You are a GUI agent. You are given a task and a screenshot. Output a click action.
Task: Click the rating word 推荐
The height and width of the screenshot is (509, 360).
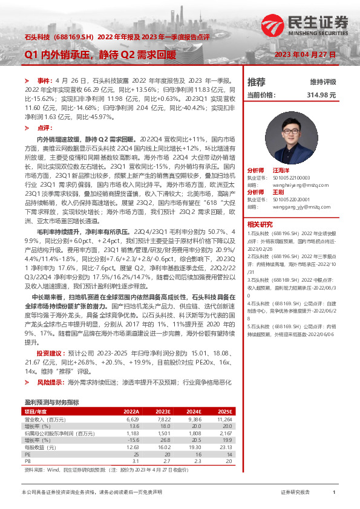(257, 82)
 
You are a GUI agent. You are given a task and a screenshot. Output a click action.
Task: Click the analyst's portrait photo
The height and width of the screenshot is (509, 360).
(291, 136)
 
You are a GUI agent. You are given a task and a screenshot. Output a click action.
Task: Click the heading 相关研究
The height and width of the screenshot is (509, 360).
(261, 224)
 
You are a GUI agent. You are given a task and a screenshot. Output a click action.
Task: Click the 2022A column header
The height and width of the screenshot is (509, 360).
(131, 410)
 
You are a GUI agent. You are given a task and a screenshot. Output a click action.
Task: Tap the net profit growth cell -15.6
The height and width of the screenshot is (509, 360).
(134, 440)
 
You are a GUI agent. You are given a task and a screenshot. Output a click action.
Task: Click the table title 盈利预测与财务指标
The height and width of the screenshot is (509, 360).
(51, 402)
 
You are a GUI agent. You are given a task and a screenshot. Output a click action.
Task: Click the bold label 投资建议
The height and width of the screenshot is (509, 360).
(50, 352)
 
